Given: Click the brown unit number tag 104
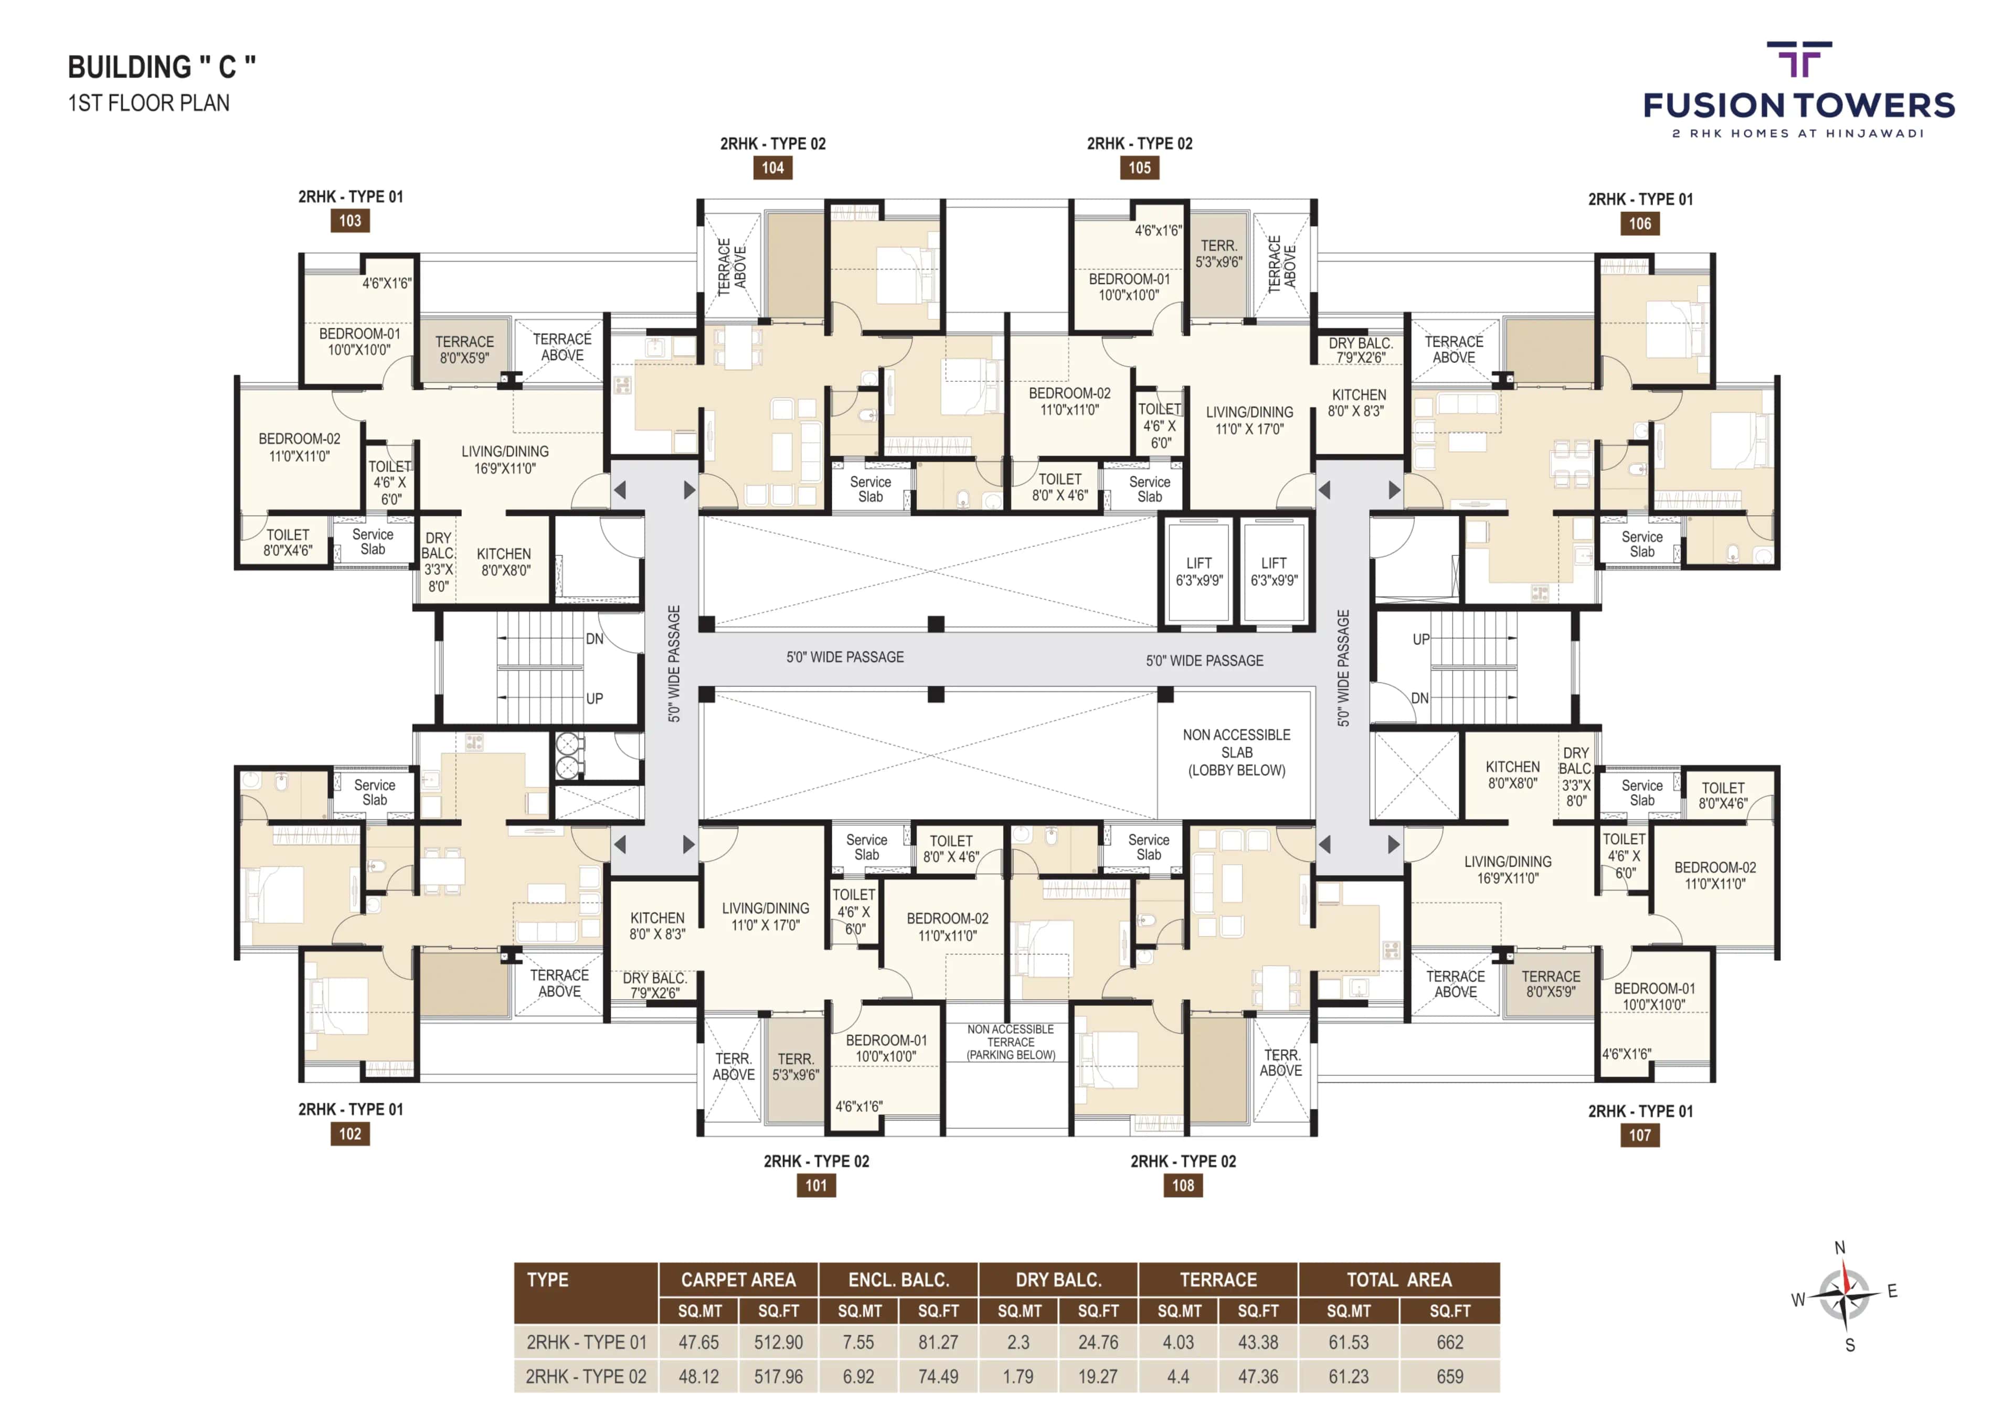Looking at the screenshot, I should click(772, 168).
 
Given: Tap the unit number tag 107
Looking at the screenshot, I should click(1639, 1134).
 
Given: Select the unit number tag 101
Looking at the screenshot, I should click(816, 1185).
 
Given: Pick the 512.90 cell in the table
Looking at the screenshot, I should click(778, 1342).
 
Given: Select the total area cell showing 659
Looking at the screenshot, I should click(1450, 1377).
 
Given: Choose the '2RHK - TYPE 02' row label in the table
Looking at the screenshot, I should click(586, 1377).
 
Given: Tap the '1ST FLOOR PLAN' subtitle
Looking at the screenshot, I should click(149, 103).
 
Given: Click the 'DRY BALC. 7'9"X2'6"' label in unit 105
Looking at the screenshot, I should click(1360, 350).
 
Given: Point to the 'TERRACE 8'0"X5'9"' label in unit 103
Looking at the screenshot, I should click(464, 349).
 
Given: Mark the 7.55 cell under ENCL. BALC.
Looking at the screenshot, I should click(858, 1342).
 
